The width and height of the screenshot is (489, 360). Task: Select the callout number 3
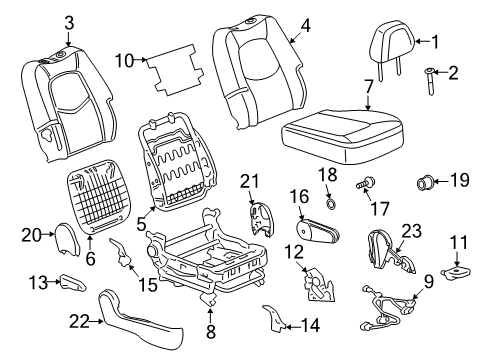69,22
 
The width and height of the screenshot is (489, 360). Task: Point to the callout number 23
411,257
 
